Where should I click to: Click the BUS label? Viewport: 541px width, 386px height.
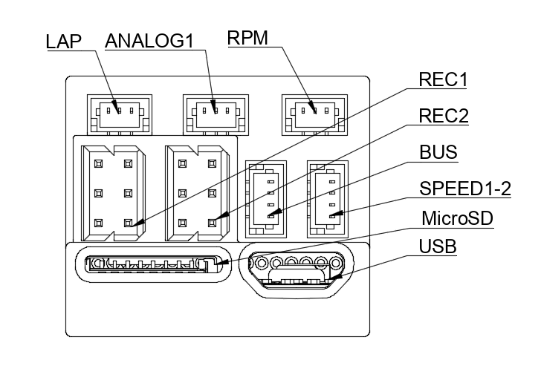[x=438, y=153]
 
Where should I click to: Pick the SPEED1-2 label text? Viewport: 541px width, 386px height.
[x=465, y=189]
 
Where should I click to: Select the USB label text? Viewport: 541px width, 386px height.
[x=438, y=246]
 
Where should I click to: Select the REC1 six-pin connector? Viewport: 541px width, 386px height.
[x=114, y=192]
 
